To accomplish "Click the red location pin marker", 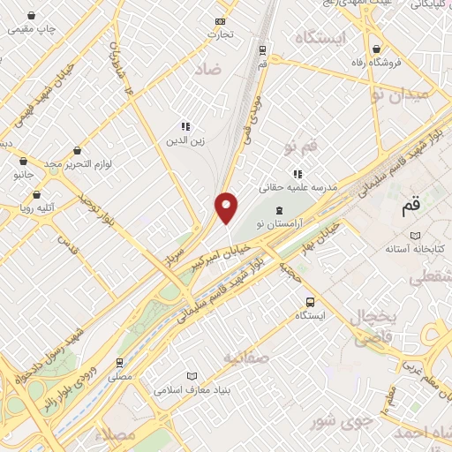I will click(x=227, y=207).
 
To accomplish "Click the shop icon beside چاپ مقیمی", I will click(x=31, y=16).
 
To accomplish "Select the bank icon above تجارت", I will click(x=220, y=21).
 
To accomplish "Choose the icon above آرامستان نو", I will click(x=279, y=210).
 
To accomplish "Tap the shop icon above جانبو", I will click(x=23, y=161).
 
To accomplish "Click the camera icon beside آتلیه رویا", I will click(x=25, y=208).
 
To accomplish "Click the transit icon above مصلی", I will click(x=119, y=362).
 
